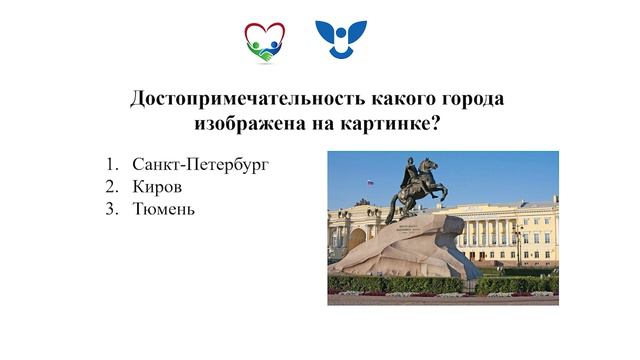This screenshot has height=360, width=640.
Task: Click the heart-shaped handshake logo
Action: (x=264, y=42)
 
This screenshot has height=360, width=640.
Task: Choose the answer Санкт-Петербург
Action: (x=201, y=164)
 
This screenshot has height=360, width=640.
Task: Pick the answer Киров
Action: (x=158, y=187)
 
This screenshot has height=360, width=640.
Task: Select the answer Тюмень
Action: (x=164, y=210)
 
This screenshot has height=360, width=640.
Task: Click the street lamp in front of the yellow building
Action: (x=518, y=245)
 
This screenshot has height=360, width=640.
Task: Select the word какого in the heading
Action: (x=376, y=100)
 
